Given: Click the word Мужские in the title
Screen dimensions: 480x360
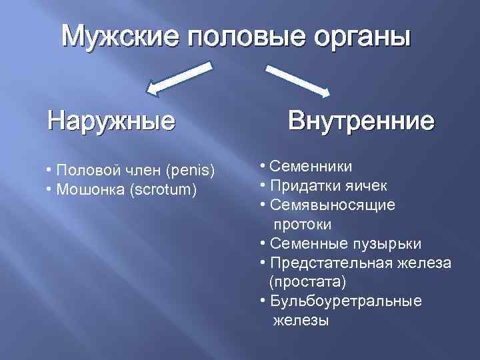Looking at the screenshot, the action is click(120, 36).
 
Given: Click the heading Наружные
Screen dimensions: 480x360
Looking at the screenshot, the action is click(111, 121).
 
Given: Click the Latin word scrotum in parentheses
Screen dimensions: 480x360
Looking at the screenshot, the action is click(165, 190).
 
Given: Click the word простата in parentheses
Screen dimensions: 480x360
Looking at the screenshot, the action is click(307, 282).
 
